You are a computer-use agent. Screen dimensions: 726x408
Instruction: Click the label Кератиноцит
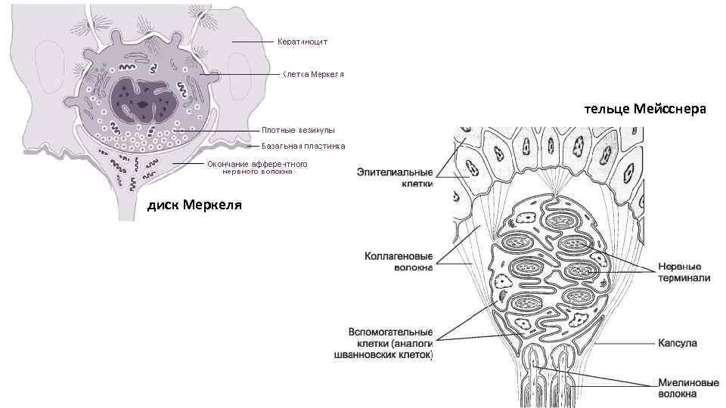click(x=301, y=42)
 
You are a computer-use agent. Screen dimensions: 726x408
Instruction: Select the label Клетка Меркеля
click(x=313, y=75)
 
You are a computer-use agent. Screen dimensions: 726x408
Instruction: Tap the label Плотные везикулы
click(x=298, y=131)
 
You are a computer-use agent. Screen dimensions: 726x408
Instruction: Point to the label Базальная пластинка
click(x=303, y=146)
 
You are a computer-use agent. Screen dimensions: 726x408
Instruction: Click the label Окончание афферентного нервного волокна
click(x=257, y=168)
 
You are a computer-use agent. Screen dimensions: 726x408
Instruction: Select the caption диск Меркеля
click(x=194, y=205)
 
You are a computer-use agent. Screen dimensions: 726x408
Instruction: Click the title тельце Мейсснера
click(x=644, y=110)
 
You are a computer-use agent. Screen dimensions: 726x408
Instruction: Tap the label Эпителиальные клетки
click(x=395, y=178)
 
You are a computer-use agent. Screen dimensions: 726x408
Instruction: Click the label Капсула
click(x=678, y=344)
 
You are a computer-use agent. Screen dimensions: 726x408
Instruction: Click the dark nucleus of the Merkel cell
click(x=144, y=100)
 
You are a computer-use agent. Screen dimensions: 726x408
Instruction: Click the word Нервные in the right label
click(x=679, y=267)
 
